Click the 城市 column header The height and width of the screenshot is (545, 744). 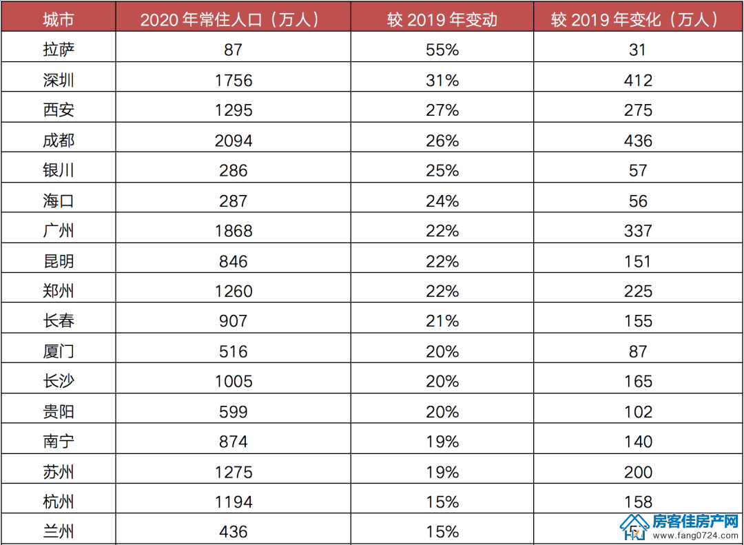point(59,19)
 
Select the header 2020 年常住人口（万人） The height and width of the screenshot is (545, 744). point(233,19)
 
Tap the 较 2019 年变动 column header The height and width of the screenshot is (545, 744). point(442,19)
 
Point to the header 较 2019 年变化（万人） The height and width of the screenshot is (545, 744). point(638,19)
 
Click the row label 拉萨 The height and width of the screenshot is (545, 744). point(59,50)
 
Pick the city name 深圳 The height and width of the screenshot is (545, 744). point(59,80)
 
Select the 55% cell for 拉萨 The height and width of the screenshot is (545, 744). point(442,50)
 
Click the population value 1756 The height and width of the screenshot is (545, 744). point(234,80)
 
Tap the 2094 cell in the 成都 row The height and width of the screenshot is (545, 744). point(234,141)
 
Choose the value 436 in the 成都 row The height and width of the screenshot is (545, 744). point(638,141)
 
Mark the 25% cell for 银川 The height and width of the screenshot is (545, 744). point(442,170)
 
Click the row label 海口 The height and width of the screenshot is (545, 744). point(59,200)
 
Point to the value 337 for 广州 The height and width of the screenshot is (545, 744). point(638,231)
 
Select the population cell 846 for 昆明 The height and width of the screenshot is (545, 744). point(234,261)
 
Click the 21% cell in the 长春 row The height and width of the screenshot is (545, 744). point(442,321)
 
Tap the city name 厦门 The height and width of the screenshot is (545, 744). point(59,351)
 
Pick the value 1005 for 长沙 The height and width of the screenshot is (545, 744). point(234,381)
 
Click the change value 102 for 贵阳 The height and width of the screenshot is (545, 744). point(638,411)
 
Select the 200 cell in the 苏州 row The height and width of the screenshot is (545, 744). point(638,472)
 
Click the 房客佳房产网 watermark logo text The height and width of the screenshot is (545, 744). point(696,522)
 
